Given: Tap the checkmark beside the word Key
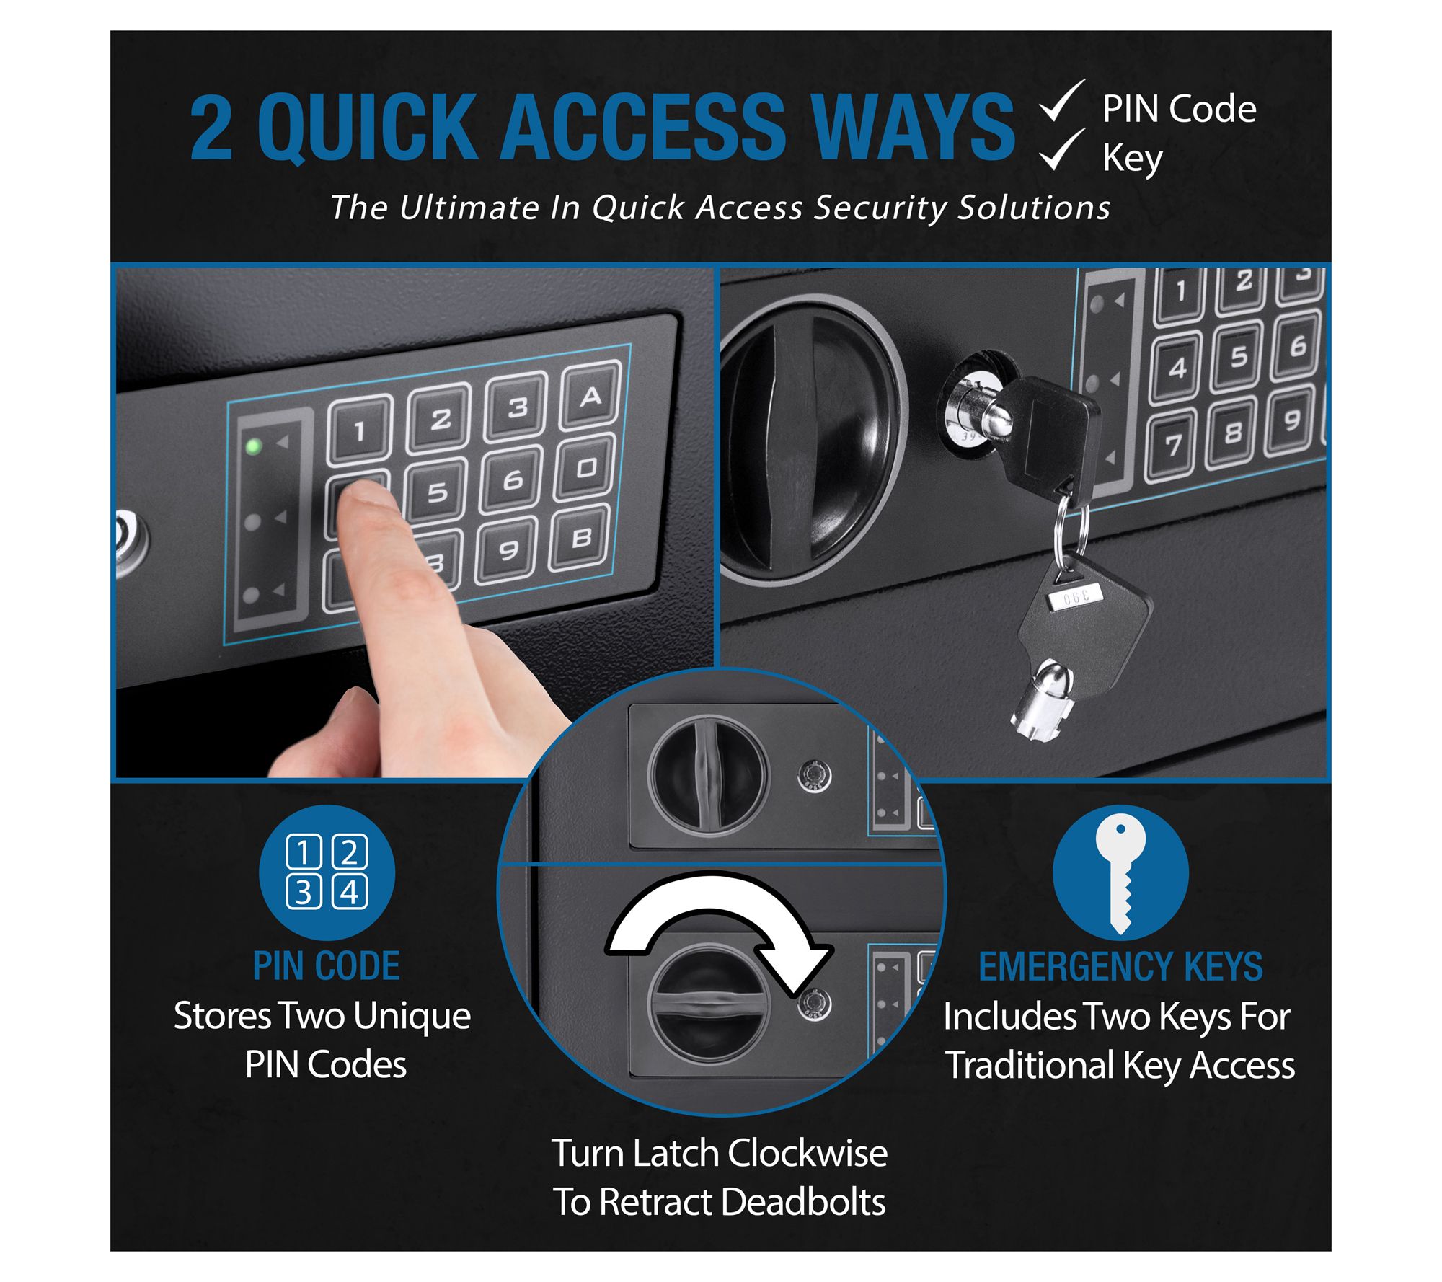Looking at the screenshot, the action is click(1061, 151).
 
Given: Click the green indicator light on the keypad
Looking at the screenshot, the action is click(253, 446).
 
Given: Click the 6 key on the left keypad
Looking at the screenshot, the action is click(513, 480).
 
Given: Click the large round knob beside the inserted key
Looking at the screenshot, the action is click(811, 440).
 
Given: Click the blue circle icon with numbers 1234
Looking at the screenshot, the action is click(327, 872).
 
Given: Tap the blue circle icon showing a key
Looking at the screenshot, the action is click(1120, 872).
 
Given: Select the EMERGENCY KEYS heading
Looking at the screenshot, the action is click(1120, 967).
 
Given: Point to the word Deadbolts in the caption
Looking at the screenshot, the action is click(803, 1202).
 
